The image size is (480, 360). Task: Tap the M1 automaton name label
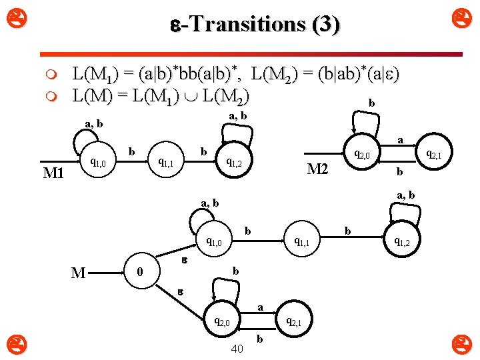pos(53,174)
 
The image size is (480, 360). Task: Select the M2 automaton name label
pos(317,169)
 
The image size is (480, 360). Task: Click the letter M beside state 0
pos(78,272)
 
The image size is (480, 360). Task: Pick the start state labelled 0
pos(139,272)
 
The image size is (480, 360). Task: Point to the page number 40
pos(236,348)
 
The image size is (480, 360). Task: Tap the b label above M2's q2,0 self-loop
pos(371,104)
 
